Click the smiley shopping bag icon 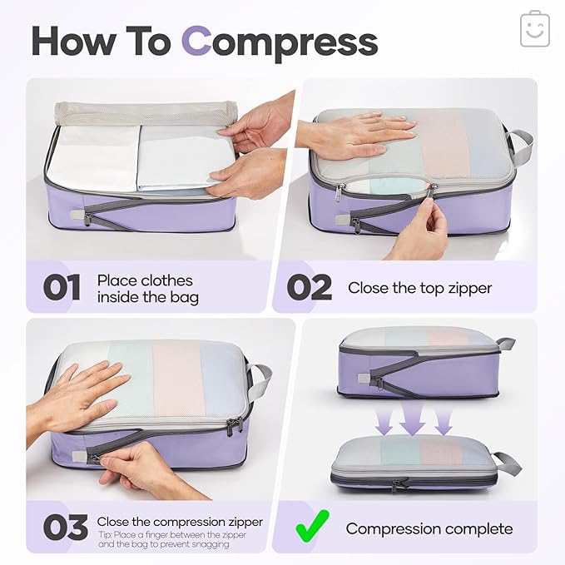click(535, 29)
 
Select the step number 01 click(62, 287)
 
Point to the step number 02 click(309, 287)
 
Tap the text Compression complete click(429, 528)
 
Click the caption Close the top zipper click(419, 288)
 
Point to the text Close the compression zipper click(180, 522)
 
